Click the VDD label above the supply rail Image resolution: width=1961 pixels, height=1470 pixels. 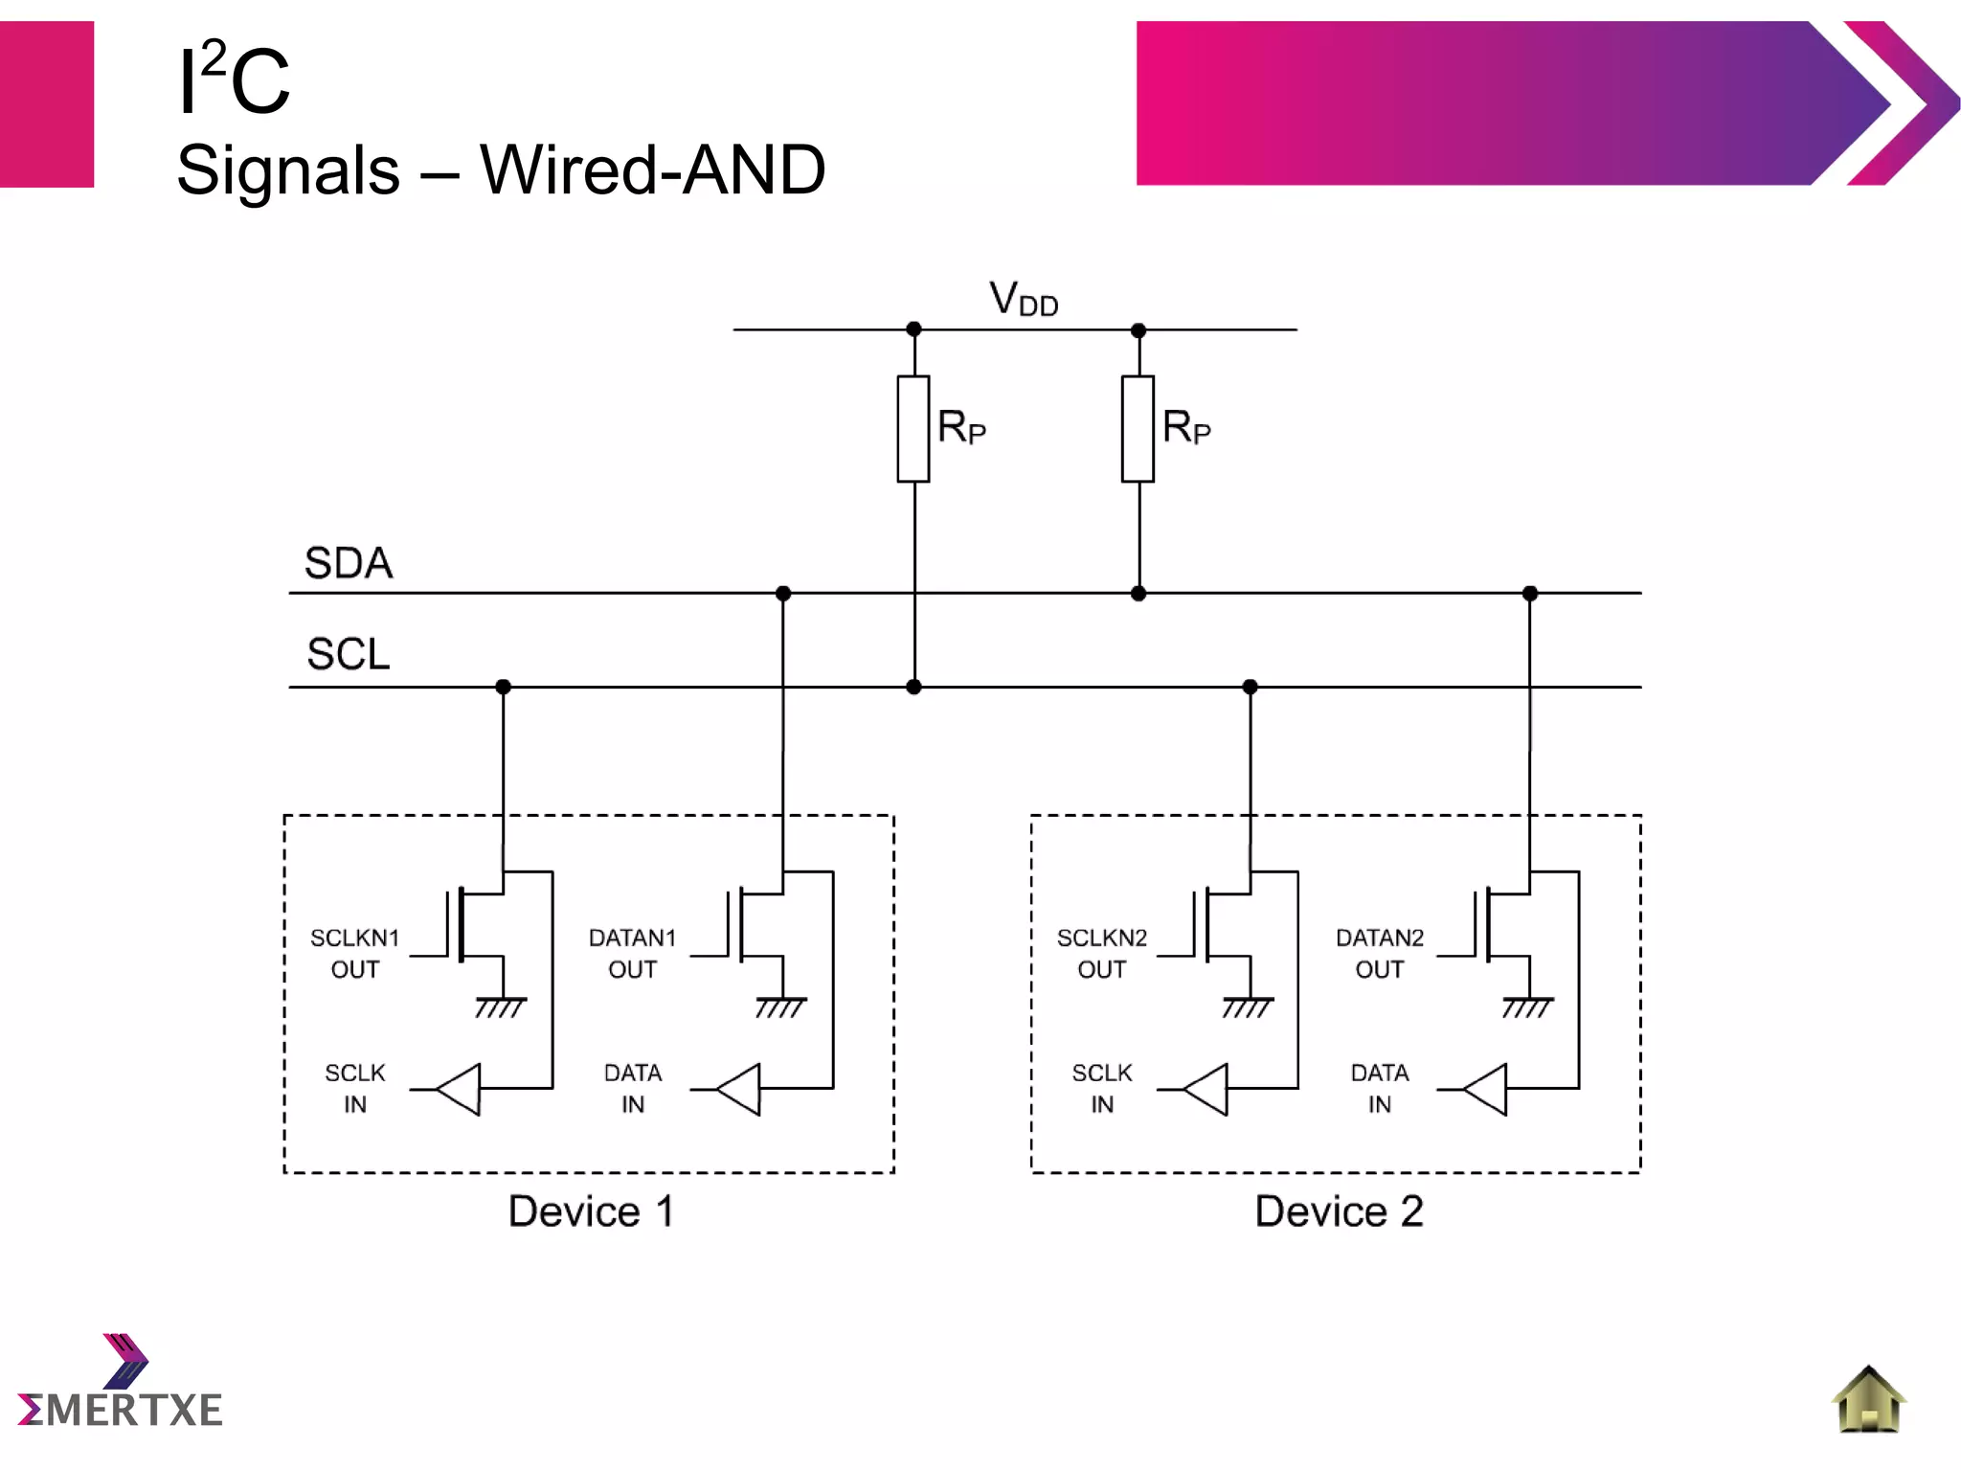[1023, 299]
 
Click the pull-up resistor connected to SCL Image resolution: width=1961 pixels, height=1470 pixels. [913, 429]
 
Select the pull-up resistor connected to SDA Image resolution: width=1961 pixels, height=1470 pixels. [1138, 429]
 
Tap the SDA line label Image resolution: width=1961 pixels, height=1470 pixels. [349, 563]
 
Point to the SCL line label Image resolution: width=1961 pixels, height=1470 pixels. [349, 655]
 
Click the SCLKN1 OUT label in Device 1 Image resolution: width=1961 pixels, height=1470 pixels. [354, 953]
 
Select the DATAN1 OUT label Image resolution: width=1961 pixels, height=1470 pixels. [632, 953]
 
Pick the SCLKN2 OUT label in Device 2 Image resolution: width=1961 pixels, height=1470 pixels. [1101, 953]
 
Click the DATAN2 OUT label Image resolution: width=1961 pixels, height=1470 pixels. [1379, 953]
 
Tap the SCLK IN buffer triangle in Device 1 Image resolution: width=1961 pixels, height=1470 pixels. [461, 1089]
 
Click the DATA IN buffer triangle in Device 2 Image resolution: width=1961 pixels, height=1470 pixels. [1487, 1089]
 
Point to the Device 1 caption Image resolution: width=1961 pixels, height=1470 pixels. [591, 1211]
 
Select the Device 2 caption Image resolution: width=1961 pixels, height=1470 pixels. [1339, 1211]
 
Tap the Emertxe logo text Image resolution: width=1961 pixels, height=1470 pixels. [122, 1410]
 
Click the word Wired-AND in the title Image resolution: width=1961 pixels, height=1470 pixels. [652, 170]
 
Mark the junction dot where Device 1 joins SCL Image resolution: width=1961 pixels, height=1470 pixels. [504, 687]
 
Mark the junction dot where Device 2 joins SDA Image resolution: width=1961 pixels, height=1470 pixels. [1529, 594]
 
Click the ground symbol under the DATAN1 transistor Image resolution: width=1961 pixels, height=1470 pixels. [781, 1006]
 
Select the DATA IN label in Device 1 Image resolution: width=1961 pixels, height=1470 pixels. [632, 1088]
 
